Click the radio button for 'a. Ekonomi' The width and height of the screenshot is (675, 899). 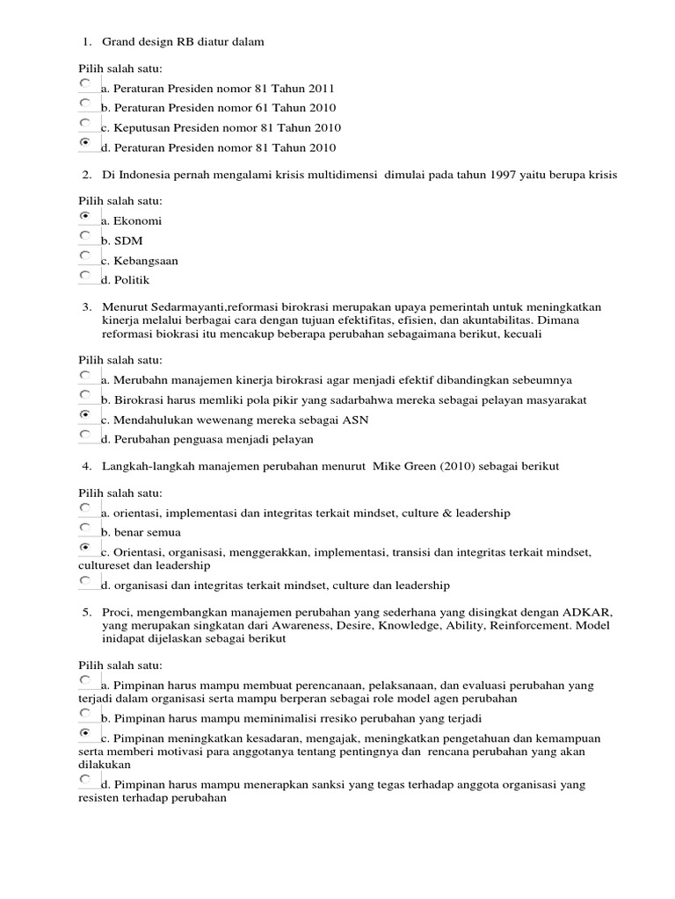(x=84, y=216)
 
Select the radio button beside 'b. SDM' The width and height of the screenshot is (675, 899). (x=84, y=236)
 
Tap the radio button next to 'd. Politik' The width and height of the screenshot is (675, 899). (x=84, y=276)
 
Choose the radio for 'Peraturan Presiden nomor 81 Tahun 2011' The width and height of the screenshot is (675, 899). (x=84, y=83)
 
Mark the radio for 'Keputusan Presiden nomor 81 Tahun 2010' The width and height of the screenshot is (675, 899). (x=84, y=123)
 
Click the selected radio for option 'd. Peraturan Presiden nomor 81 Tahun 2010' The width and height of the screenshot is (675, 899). (x=84, y=142)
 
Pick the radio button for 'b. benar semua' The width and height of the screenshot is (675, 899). (x=84, y=528)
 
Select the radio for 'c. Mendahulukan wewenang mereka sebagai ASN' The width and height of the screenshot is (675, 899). (x=84, y=414)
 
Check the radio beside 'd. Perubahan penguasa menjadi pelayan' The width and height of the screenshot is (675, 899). (x=84, y=435)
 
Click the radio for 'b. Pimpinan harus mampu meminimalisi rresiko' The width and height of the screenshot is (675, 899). (x=84, y=715)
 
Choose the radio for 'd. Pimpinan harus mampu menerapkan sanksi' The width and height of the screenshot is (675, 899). (x=84, y=780)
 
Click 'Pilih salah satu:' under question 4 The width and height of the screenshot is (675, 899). (x=120, y=493)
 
